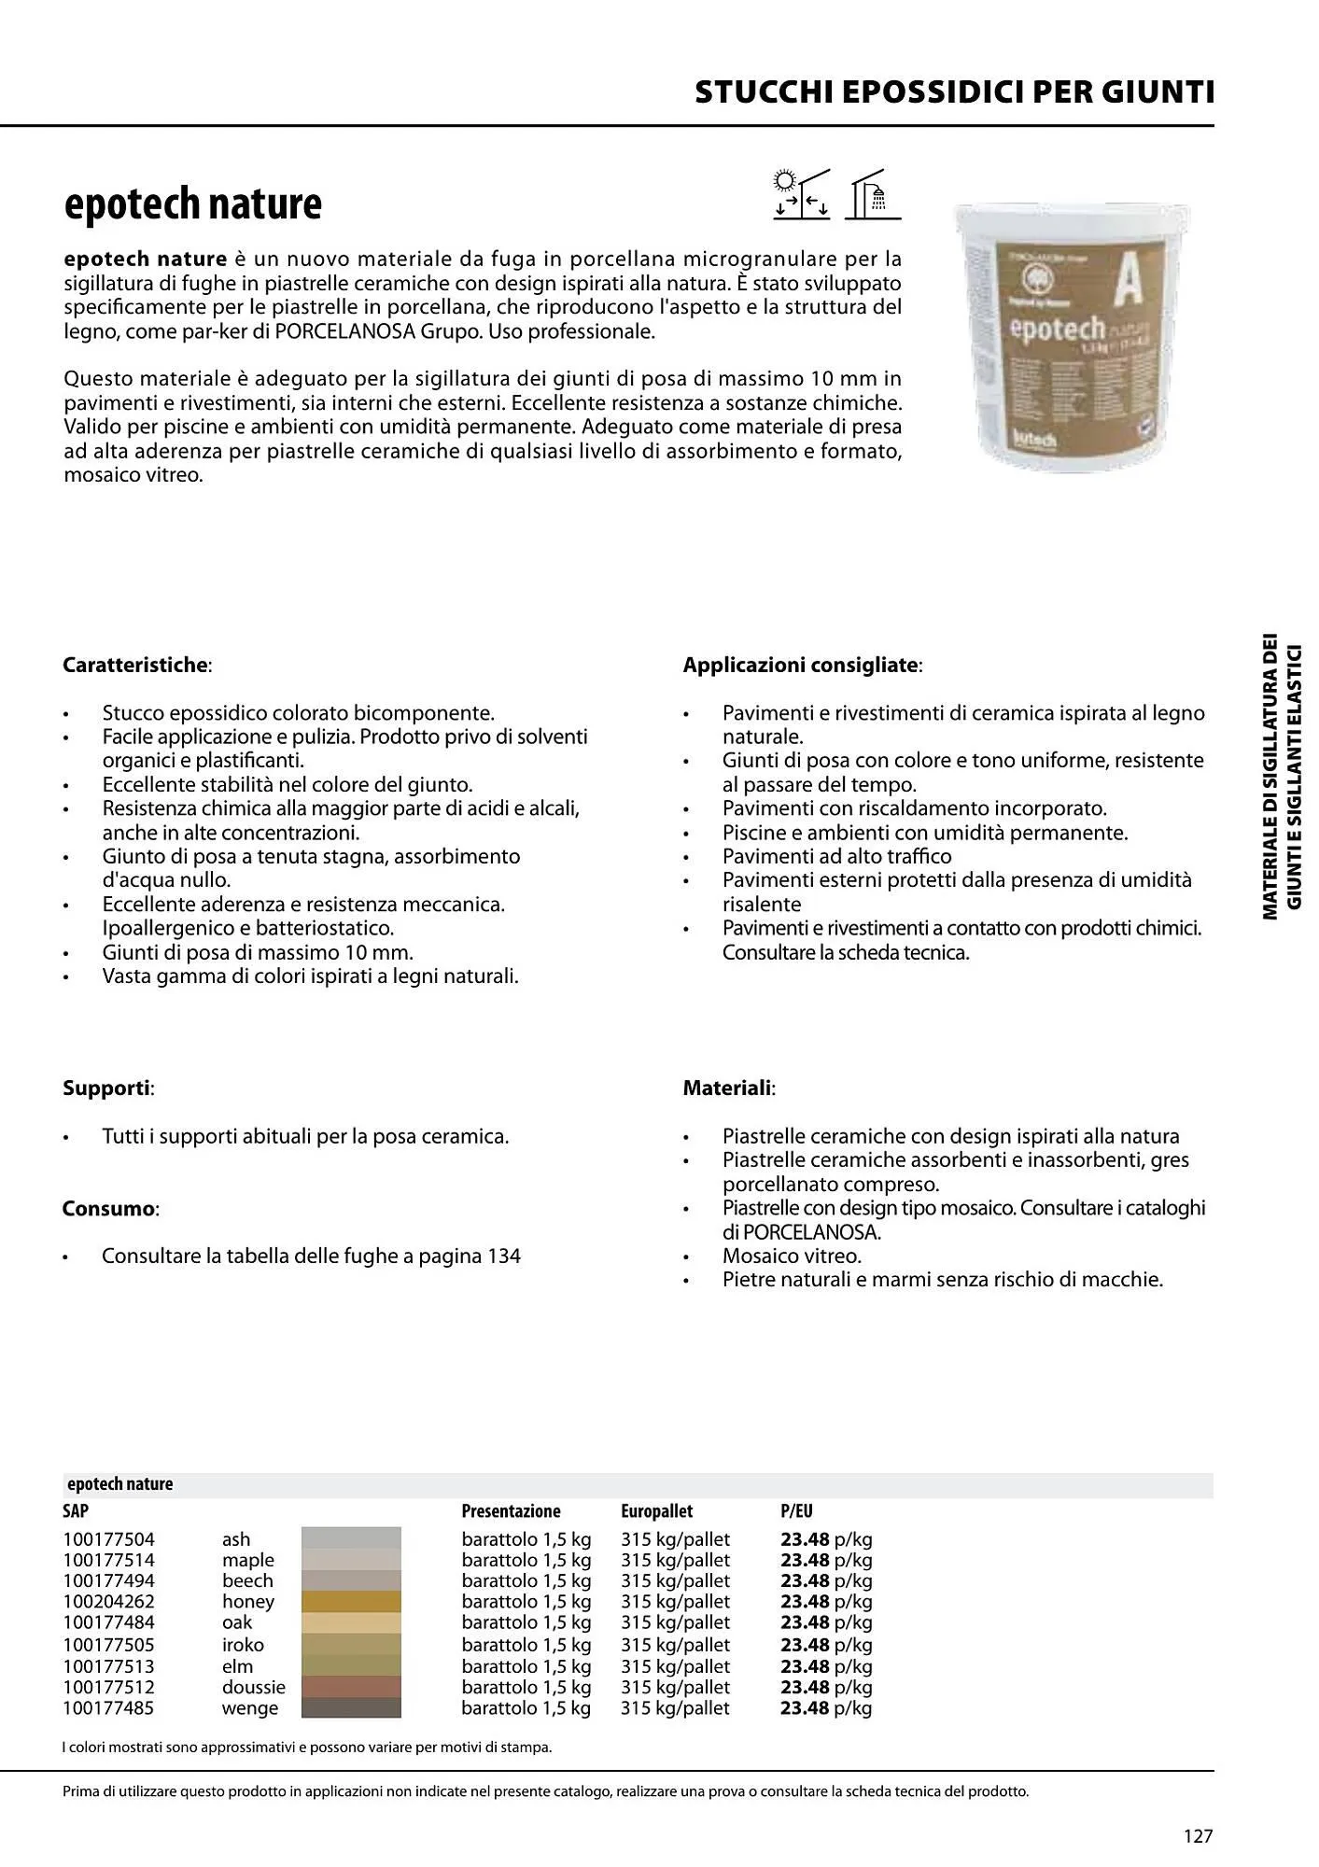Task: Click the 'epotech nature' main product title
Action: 192,204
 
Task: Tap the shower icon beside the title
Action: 873,196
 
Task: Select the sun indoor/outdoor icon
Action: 801,195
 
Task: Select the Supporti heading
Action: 107,1088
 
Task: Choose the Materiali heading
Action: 728,1088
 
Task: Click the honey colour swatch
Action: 351,1602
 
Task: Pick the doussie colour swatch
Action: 351,1687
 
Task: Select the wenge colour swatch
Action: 351,1708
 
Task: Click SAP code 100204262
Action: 108,1602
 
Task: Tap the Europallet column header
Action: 656,1511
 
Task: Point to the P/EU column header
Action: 796,1511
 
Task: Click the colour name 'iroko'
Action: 243,1645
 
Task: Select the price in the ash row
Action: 825,1539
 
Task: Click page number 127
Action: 1198,1836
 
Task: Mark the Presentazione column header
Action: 511,1511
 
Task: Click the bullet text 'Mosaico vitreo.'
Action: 792,1256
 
